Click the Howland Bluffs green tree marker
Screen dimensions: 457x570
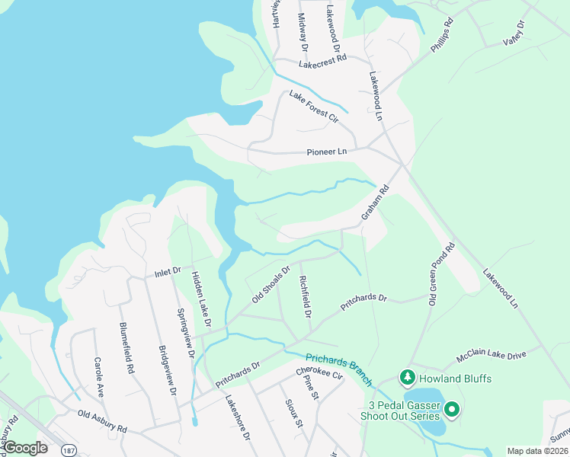point(408,378)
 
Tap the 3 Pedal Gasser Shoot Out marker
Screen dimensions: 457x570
point(452,411)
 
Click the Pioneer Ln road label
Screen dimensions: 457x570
point(326,152)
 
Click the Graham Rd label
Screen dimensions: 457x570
point(375,205)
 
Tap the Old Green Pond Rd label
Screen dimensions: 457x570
point(442,274)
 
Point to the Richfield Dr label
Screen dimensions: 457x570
point(305,298)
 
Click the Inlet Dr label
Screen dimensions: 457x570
point(167,271)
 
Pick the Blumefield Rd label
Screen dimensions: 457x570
point(126,347)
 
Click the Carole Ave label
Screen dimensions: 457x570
point(99,377)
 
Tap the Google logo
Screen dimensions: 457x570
point(25,448)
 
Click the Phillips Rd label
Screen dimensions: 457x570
point(442,35)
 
